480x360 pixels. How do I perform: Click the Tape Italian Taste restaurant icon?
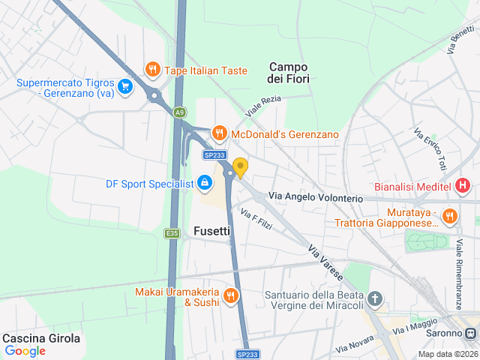[x=152, y=70]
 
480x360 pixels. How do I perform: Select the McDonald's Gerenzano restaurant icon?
[x=219, y=133]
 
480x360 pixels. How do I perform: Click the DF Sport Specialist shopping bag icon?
[x=204, y=181]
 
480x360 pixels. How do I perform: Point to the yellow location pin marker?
[x=240, y=167]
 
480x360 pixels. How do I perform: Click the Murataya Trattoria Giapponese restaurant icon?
[x=450, y=216]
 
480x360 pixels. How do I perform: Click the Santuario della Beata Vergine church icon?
[x=376, y=301]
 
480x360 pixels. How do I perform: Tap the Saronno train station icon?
[x=470, y=333]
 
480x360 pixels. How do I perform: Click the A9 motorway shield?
[x=179, y=112]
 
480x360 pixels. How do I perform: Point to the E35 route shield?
[x=172, y=233]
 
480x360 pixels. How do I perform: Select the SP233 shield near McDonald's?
[x=214, y=154]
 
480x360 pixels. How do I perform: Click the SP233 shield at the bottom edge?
[x=247, y=354]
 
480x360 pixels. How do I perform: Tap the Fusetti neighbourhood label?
[x=211, y=231]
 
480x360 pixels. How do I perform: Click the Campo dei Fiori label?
[x=289, y=72]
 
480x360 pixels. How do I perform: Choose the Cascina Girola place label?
[x=41, y=338]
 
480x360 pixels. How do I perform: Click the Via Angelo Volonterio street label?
[x=316, y=196]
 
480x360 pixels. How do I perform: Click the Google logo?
[x=25, y=351]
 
